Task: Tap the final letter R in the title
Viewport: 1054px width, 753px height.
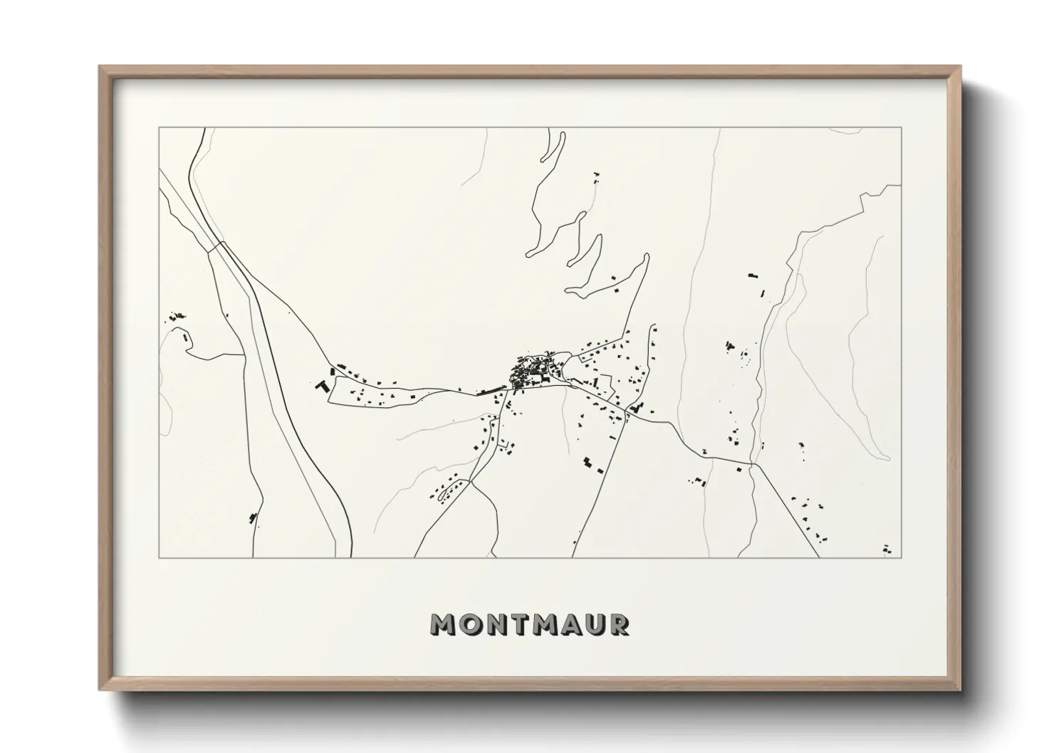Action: click(619, 624)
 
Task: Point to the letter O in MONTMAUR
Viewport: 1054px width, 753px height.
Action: click(469, 624)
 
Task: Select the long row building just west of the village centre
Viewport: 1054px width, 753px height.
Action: click(490, 389)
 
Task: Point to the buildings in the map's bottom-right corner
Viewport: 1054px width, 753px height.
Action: click(886, 549)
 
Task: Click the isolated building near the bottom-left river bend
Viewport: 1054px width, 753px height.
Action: click(252, 517)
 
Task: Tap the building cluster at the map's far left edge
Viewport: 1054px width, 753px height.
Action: click(175, 316)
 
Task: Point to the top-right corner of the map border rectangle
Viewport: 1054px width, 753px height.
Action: click(902, 127)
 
